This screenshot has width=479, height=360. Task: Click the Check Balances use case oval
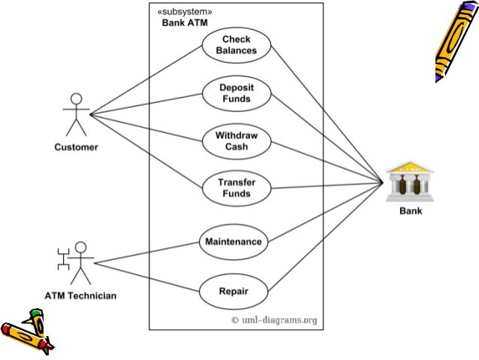[x=236, y=45]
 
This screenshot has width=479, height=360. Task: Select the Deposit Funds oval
[x=236, y=93]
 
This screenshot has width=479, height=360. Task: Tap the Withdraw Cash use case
[x=236, y=141]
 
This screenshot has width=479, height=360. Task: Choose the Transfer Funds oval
[x=236, y=188]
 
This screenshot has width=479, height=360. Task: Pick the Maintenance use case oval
[x=233, y=242]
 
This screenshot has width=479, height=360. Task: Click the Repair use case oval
[x=233, y=290]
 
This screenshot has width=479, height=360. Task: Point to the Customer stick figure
[x=75, y=114]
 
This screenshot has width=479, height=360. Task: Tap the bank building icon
[x=409, y=181]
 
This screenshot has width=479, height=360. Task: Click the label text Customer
[x=75, y=147]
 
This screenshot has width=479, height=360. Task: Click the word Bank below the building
[x=410, y=211]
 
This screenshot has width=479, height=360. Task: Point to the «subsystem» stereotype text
[x=184, y=12]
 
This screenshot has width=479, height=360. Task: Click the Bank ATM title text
[x=185, y=23]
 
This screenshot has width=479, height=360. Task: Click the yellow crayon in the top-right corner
[x=455, y=41]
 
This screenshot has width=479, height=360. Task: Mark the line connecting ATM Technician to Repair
[x=146, y=276]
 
